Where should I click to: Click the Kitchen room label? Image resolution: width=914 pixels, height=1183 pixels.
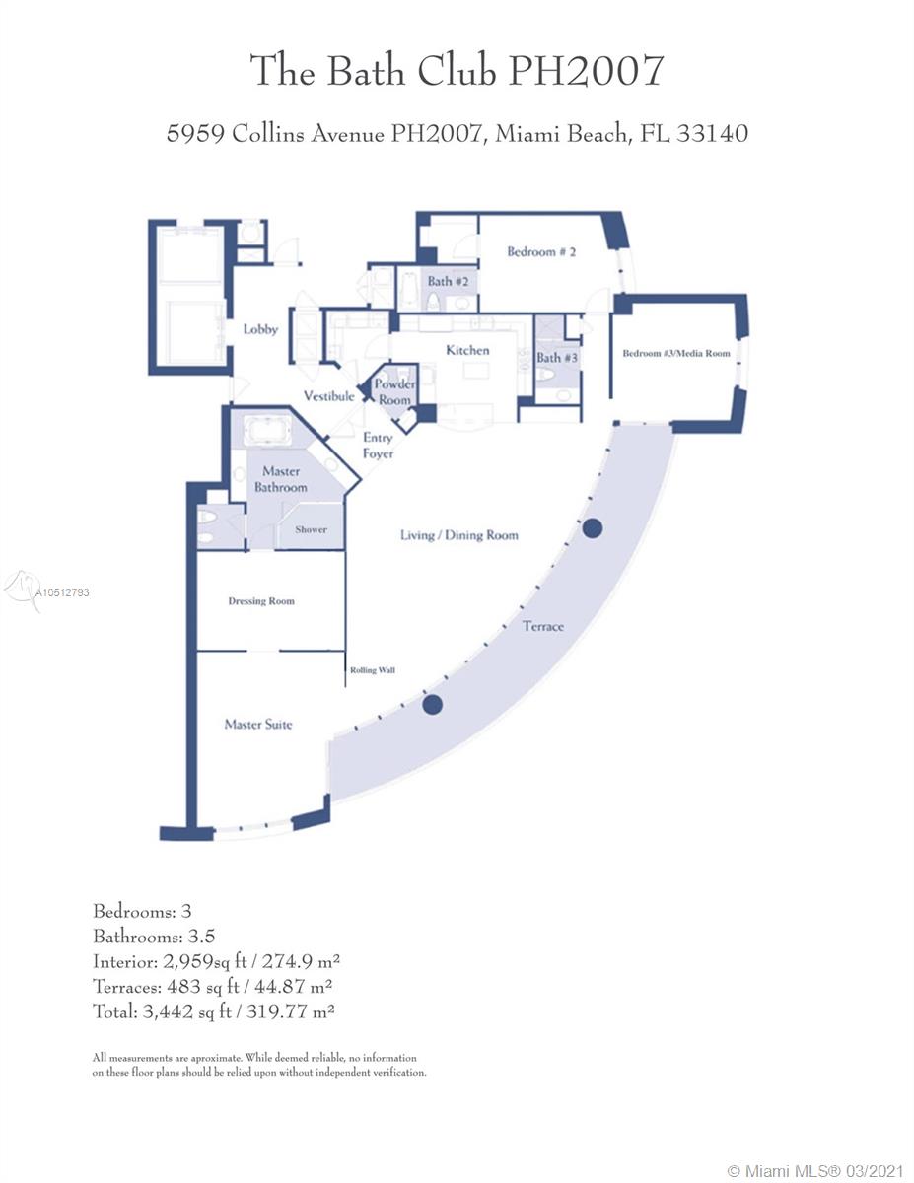click(467, 350)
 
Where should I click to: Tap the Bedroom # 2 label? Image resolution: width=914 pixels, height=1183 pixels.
click(541, 251)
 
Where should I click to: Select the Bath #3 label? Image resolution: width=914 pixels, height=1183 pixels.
click(557, 358)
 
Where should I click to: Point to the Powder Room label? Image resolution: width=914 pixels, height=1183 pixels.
click(394, 391)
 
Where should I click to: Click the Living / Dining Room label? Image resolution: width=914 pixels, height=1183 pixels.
click(458, 535)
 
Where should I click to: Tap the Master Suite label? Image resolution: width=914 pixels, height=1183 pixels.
click(258, 724)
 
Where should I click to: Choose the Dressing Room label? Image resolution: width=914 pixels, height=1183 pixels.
click(261, 601)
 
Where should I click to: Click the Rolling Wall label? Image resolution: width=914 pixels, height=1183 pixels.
click(373, 670)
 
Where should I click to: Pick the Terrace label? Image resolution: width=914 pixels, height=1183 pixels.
click(542, 626)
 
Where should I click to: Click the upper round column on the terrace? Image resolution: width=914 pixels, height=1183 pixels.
click(593, 528)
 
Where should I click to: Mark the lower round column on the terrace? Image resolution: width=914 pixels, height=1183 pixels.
click(432, 705)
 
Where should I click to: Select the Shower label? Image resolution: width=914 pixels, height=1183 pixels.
click(311, 529)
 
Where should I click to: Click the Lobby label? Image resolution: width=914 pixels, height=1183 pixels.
click(260, 329)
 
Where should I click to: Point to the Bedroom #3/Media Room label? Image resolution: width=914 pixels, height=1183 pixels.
click(676, 353)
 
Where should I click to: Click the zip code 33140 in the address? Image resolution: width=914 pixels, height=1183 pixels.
click(712, 133)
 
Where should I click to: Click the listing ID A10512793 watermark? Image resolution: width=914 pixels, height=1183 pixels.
click(62, 592)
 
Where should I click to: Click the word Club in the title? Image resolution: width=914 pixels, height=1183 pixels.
click(457, 70)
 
